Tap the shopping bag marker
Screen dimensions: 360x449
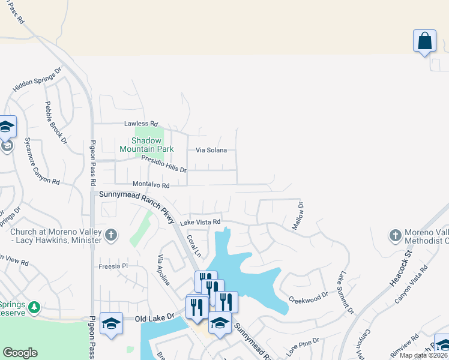(424, 41)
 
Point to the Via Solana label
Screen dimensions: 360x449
(211, 150)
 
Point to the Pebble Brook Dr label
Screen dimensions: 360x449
(55, 122)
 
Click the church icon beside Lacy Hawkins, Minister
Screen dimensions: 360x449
(110, 235)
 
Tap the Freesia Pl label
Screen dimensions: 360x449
(113, 266)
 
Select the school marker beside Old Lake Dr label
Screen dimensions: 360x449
(111, 324)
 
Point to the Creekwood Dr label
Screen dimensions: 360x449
(308, 298)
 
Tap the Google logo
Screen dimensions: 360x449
(20, 353)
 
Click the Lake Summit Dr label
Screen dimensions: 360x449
(345, 292)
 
